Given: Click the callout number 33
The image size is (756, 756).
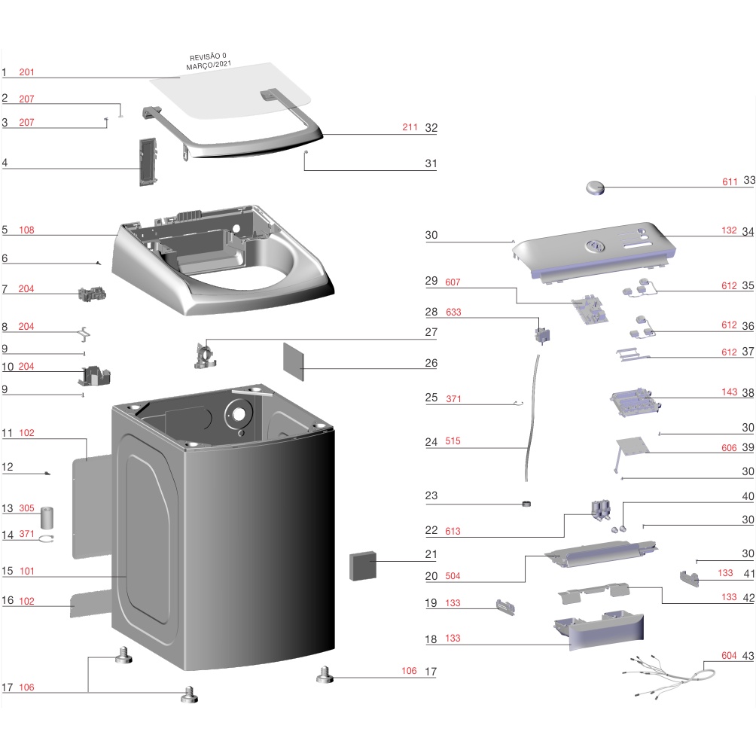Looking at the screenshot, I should point(748,181).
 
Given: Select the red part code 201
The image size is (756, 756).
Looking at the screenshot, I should point(27,72).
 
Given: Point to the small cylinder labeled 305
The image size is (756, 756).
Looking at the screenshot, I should point(50,518).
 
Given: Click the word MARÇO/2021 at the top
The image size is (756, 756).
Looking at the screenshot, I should point(209,66).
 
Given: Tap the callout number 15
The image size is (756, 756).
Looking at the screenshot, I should point(8,572).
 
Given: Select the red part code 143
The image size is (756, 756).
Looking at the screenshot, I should point(728,392).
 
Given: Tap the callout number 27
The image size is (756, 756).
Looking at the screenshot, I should point(431,332).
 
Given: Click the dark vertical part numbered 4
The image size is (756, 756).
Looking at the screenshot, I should point(145,160).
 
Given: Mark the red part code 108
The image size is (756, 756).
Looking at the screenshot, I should point(27,230).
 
